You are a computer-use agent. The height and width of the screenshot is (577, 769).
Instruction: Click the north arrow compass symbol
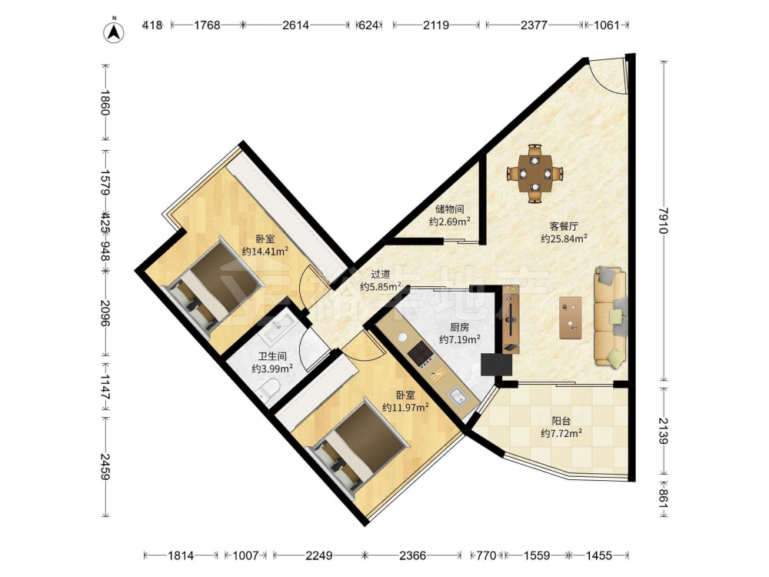(x=113, y=32)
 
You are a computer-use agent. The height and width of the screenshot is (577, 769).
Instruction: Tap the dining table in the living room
(x=535, y=173)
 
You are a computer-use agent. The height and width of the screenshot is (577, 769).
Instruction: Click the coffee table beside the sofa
(x=571, y=318)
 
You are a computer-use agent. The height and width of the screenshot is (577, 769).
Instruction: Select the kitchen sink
(x=458, y=396)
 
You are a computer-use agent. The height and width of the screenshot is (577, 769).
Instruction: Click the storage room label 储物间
(x=449, y=209)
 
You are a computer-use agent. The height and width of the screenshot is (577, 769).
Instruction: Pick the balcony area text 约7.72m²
(x=561, y=433)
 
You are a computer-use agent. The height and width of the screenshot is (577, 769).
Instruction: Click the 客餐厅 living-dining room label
(x=564, y=226)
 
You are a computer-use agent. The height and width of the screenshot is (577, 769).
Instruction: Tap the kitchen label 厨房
(x=459, y=327)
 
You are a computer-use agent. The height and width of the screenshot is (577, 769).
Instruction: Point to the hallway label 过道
(x=381, y=275)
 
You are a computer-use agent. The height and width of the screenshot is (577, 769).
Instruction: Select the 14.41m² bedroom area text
(x=265, y=252)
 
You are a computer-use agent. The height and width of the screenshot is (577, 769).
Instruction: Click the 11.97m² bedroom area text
(x=405, y=407)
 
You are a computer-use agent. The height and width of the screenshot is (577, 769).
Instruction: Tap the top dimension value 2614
(x=296, y=25)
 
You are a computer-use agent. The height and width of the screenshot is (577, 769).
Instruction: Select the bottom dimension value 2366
(x=413, y=555)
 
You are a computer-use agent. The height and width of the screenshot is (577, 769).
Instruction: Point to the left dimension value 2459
(x=105, y=466)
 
